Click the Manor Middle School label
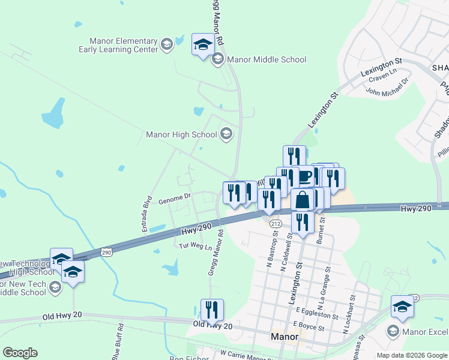tap(266, 59)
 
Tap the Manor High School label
tap(181, 134)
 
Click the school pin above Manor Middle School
tap(203, 44)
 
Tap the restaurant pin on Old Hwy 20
tap(212, 310)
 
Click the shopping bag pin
tap(303, 199)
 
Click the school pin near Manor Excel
tap(402, 307)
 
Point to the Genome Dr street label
tap(174, 196)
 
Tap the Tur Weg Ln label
tap(196, 247)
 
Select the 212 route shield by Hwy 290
tap(275, 223)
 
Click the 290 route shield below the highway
tap(106, 251)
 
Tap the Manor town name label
tap(284, 337)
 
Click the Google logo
tap(20, 353)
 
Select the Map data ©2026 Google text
tap(411, 355)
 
